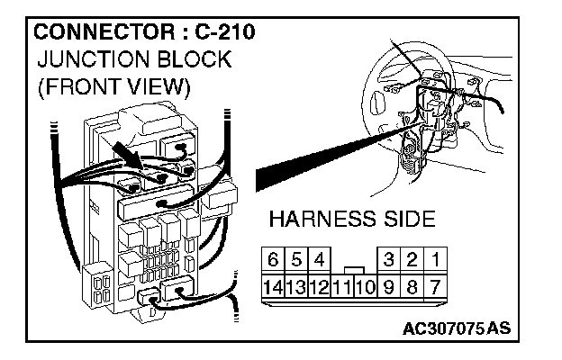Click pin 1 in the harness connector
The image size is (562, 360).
(435, 261)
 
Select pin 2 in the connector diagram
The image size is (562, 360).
(412, 261)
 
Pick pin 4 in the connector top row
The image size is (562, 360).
(318, 261)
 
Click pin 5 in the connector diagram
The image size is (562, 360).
(295, 261)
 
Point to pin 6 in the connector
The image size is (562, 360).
(272, 261)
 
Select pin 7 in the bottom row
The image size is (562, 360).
(435, 289)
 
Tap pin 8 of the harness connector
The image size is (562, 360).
(412, 289)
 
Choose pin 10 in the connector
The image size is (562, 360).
(365, 289)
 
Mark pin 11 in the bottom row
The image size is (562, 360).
(341, 289)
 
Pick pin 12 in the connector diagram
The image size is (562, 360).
(318, 289)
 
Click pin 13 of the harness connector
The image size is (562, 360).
(295, 289)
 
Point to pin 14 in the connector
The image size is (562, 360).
(272, 289)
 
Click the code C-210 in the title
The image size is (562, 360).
(222, 33)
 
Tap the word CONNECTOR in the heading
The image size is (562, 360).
(96, 33)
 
